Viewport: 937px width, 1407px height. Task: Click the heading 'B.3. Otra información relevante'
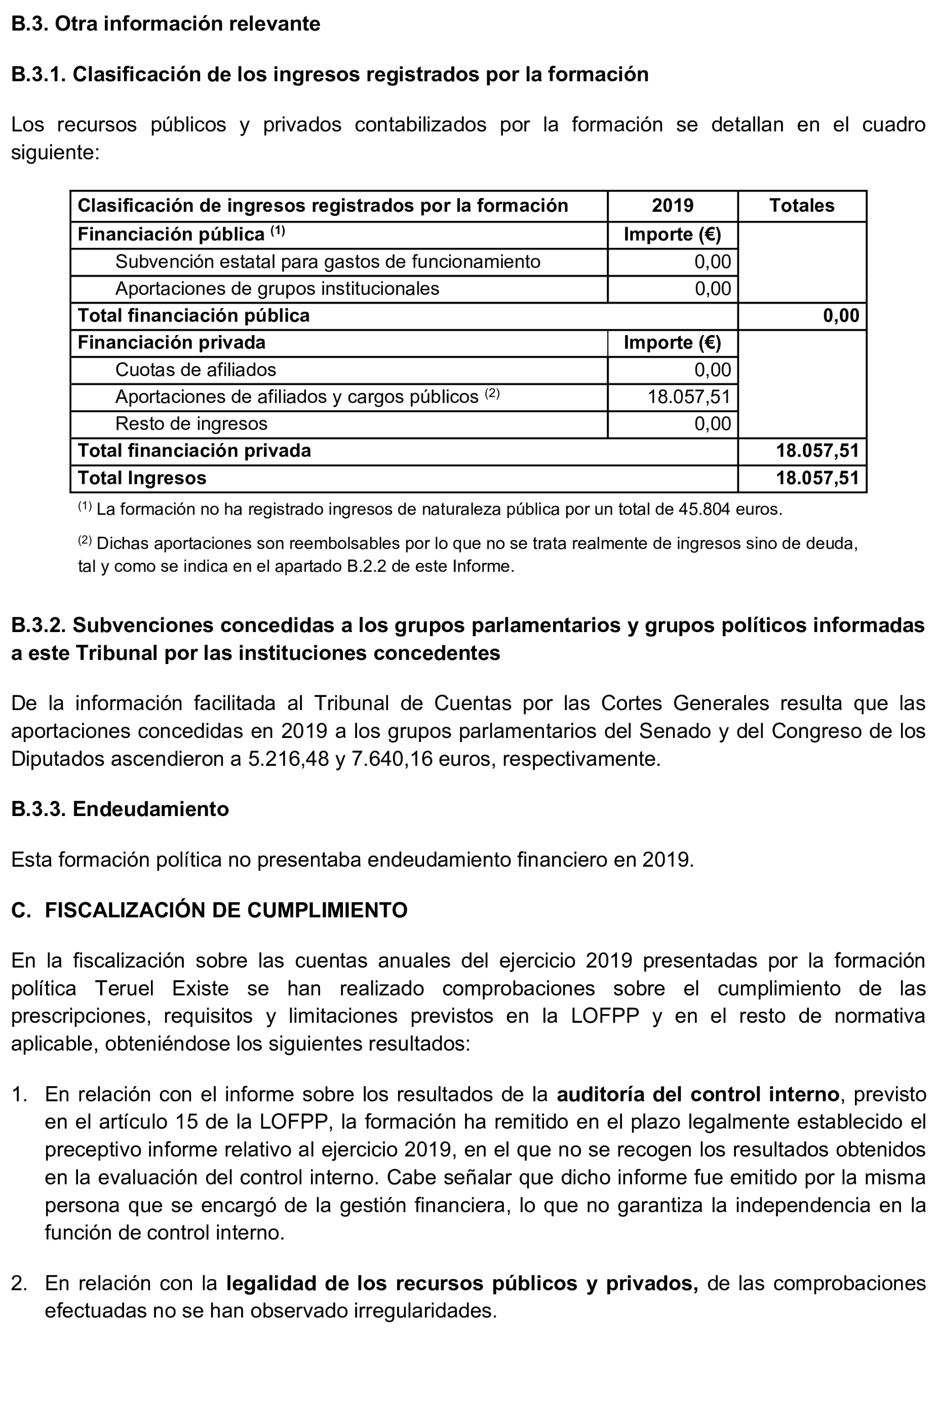pos(166,24)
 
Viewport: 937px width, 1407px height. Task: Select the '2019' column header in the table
pos(672,206)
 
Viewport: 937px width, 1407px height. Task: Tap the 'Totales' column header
pos(801,206)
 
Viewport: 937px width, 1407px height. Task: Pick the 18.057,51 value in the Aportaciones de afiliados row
pos(689,397)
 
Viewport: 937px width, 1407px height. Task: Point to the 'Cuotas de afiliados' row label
pos(196,370)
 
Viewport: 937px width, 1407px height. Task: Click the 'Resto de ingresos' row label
pos(191,424)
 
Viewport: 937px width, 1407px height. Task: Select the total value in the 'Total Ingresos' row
pos(817,478)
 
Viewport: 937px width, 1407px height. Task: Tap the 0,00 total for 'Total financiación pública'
pos(841,316)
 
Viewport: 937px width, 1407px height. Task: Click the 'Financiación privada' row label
pos(172,343)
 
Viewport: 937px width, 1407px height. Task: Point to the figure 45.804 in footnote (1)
pos(704,509)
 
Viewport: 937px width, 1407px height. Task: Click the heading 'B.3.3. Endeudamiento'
pos(120,809)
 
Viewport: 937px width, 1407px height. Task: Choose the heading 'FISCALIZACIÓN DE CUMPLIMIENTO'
pos(226,910)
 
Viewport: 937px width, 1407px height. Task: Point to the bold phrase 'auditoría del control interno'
pos(697,1094)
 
